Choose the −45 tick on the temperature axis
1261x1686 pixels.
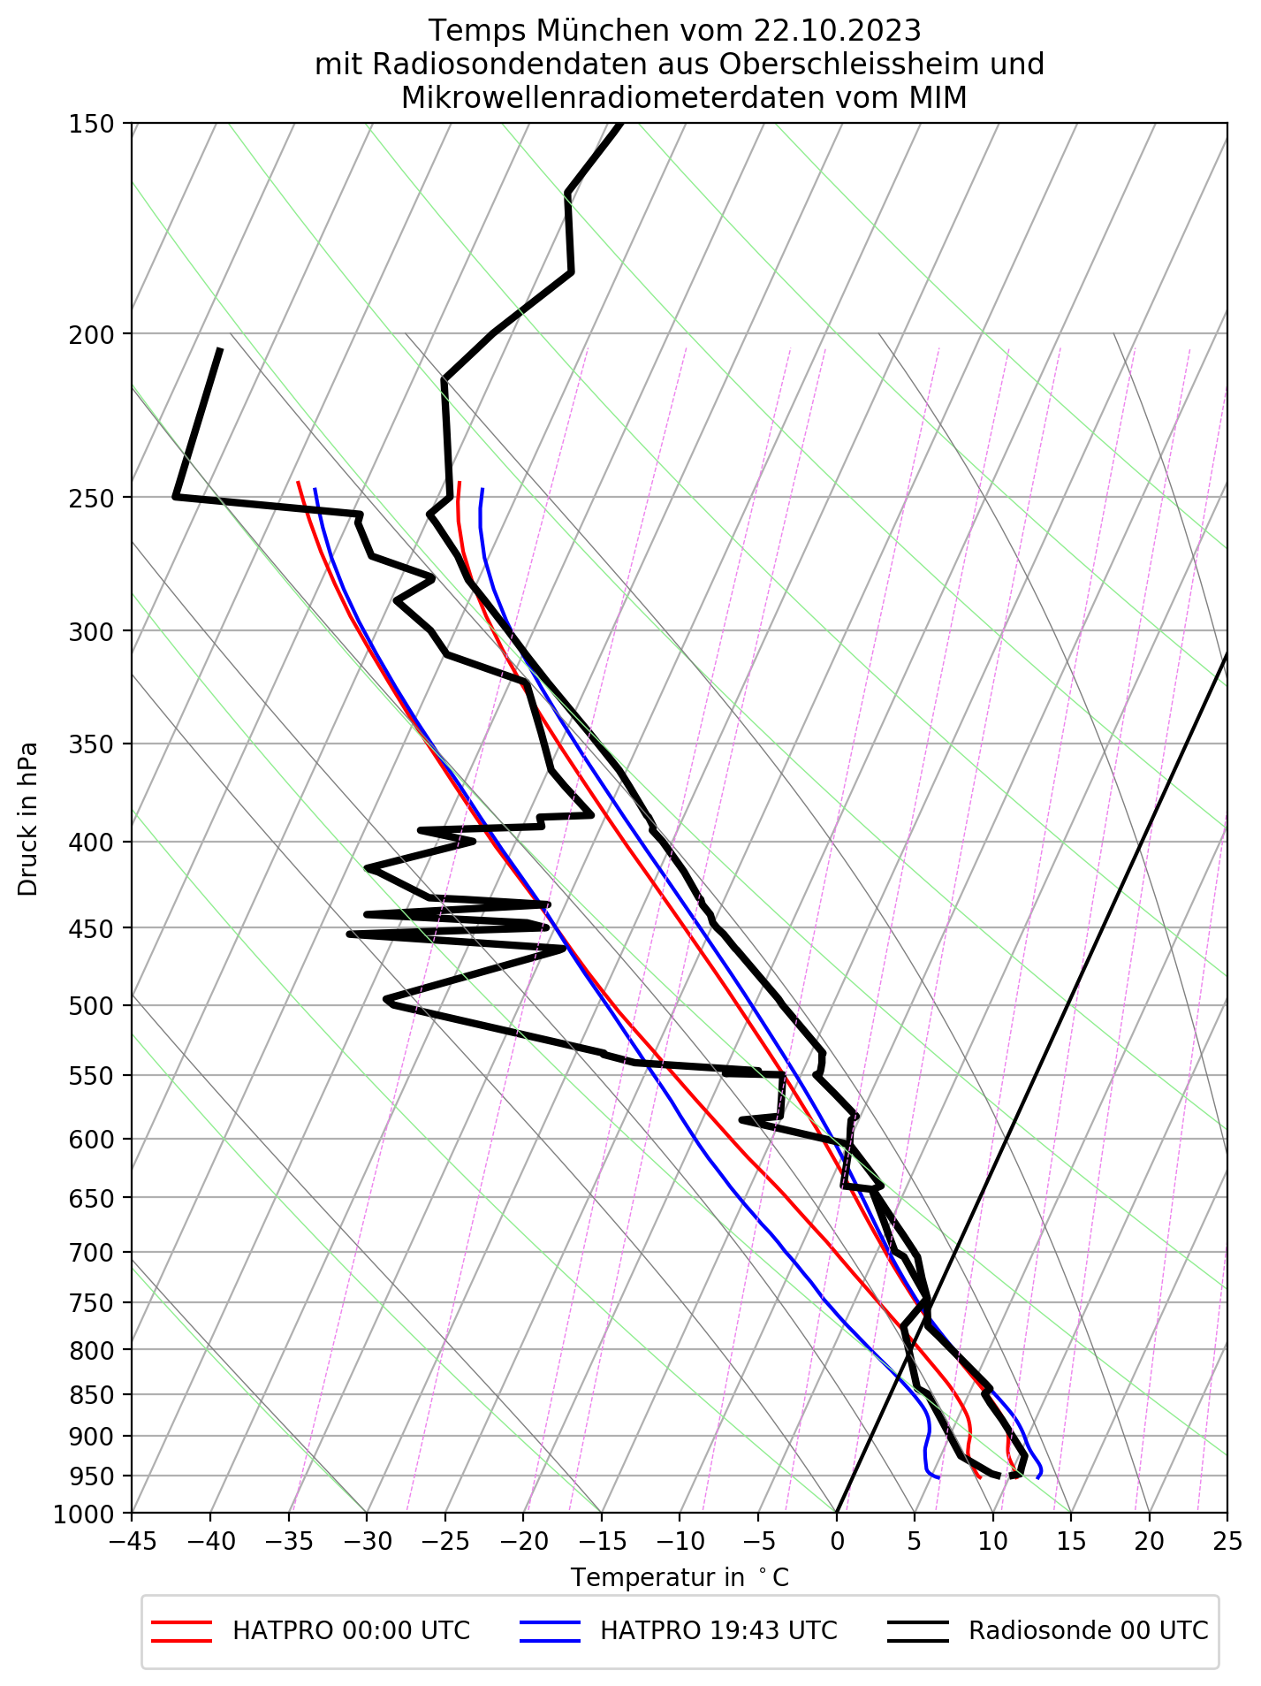click(x=132, y=1543)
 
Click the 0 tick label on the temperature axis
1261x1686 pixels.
click(x=836, y=1543)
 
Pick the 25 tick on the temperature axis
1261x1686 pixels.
click(x=1227, y=1543)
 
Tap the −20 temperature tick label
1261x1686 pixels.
click(x=523, y=1543)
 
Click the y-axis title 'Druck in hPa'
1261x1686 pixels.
click(x=28, y=818)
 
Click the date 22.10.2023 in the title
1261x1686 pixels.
click(x=837, y=31)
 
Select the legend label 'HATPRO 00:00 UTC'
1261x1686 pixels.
click(x=351, y=1630)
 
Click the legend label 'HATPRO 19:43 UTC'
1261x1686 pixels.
click(x=718, y=1630)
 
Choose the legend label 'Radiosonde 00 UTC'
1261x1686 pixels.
click(x=1088, y=1630)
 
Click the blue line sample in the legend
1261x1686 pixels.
click(x=551, y=1631)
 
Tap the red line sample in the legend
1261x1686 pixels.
click(x=182, y=1631)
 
